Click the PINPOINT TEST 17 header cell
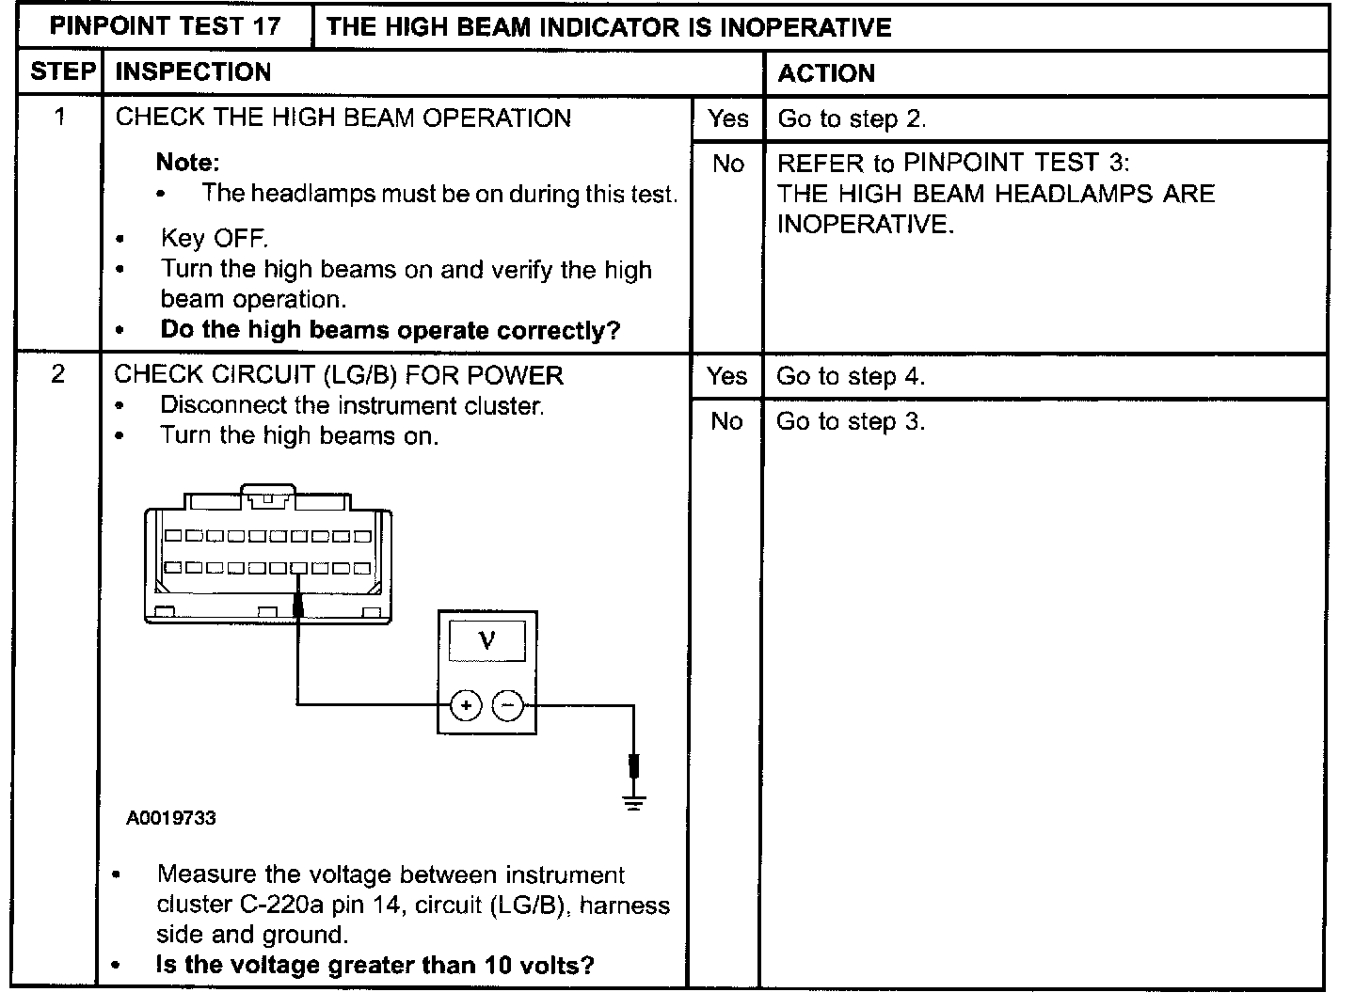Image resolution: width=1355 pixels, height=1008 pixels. coord(165,26)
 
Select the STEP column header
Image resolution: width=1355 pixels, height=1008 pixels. coord(62,72)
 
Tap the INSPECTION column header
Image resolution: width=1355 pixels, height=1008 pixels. coord(193,72)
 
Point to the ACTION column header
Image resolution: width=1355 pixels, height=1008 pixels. coord(826,73)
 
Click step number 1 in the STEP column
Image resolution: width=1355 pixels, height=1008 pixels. coord(60,118)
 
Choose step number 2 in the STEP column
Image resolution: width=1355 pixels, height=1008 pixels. coord(58,374)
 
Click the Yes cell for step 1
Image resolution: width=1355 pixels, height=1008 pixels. coord(728,118)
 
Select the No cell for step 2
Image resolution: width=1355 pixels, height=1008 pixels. coord(726,421)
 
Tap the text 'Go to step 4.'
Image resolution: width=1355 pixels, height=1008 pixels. coord(851,376)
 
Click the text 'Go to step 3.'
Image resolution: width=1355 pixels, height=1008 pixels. coord(851,421)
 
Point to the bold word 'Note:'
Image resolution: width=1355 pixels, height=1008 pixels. coord(187,162)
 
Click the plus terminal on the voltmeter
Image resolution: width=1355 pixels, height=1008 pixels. coord(466,704)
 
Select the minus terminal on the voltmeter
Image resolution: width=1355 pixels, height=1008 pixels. coord(508,704)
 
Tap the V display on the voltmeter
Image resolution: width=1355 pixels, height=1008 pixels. coord(486,640)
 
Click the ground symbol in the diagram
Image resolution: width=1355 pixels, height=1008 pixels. coord(634,802)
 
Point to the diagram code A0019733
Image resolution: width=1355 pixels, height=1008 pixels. coord(171,818)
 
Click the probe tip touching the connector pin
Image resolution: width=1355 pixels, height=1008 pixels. coord(298,602)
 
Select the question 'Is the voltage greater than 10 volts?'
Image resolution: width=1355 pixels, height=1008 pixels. coord(375,965)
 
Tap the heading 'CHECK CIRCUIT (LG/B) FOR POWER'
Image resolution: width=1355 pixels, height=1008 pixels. coord(339,375)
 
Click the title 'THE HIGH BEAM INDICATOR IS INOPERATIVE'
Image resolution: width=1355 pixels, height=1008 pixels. coord(609,26)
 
